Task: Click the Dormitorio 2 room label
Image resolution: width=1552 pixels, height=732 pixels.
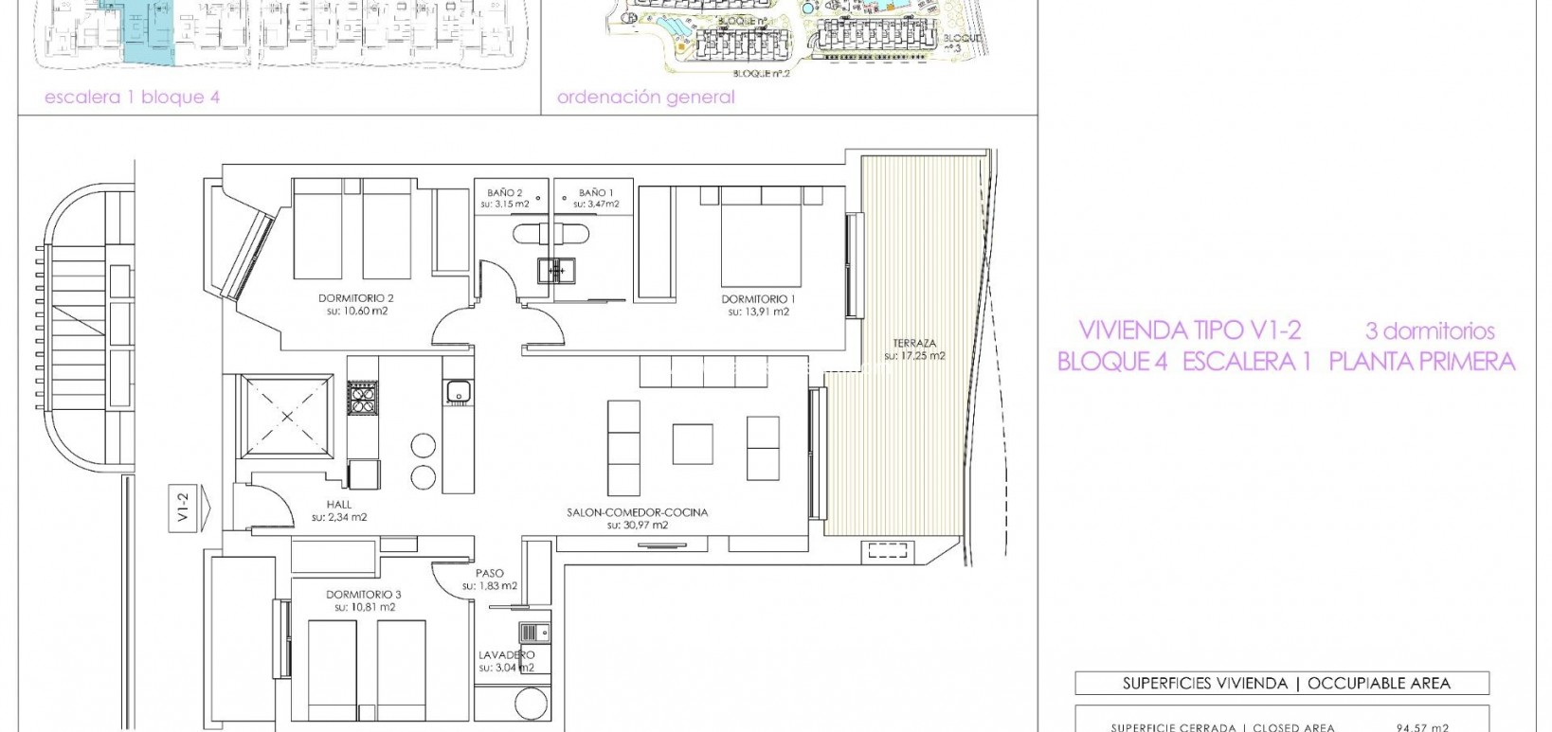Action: (x=355, y=297)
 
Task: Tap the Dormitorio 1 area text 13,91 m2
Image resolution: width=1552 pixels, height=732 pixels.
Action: (x=758, y=312)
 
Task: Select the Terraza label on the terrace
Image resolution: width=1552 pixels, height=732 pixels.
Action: (x=914, y=343)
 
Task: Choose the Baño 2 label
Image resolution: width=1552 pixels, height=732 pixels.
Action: (x=505, y=192)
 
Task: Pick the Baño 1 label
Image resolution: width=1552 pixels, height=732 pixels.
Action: (x=597, y=192)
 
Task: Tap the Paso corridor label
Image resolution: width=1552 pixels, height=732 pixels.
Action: (x=490, y=573)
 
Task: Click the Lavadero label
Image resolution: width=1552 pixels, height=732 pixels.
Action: (x=506, y=654)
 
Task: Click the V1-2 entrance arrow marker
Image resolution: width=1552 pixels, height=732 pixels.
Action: (x=184, y=509)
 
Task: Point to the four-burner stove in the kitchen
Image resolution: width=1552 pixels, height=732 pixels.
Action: (x=362, y=397)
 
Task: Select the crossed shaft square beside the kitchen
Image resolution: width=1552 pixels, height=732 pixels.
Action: (x=288, y=417)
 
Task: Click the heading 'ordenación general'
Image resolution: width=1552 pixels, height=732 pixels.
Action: (x=645, y=98)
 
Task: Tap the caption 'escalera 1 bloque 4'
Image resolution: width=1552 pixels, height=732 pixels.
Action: (x=132, y=98)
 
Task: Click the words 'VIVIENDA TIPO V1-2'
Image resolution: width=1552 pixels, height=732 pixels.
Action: (x=1189, y=330)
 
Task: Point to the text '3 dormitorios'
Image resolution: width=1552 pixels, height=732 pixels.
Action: (x=1429, y=331)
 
